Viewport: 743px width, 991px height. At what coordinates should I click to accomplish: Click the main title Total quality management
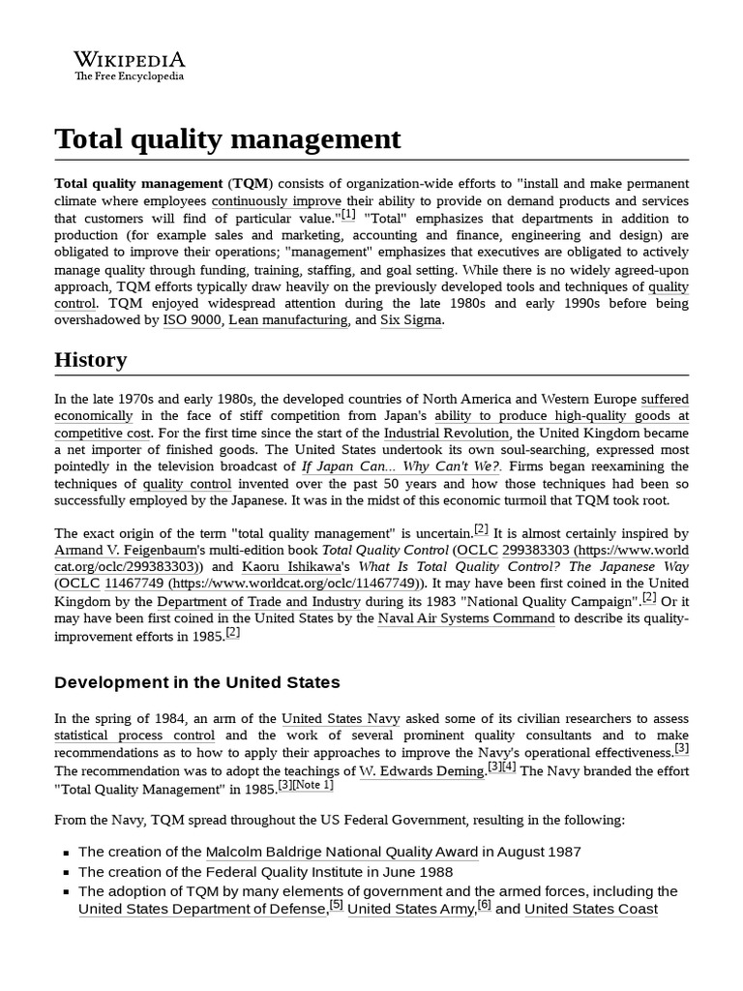227,139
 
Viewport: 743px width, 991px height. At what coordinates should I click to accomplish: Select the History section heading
90,360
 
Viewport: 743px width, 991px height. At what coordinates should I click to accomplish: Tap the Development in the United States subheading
196,682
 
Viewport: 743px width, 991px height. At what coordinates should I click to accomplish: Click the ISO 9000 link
192,320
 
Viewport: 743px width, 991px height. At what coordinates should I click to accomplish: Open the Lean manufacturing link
288,320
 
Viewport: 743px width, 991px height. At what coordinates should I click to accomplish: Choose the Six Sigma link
411,320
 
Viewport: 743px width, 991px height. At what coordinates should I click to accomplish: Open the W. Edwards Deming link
421,771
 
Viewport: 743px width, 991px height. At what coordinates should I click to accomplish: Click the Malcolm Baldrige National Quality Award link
342,852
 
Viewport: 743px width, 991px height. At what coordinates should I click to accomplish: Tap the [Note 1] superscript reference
314,785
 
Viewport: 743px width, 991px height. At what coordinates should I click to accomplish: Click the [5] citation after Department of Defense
336,905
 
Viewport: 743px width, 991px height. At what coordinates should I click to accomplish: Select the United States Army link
411,909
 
